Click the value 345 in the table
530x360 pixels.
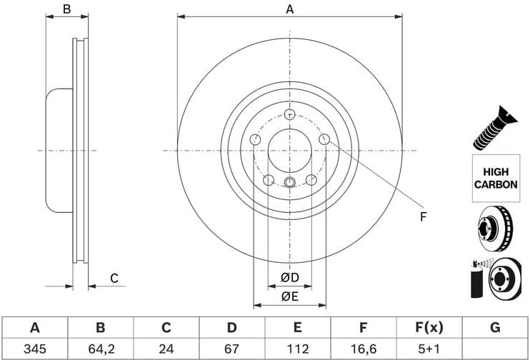coord(34,349)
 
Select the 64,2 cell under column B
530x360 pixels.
coord(100,349)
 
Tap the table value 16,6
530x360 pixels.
coord(363,349)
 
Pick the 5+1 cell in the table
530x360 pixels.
coord(429,349)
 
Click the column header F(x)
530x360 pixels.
coord(429,328)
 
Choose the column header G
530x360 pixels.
coord(495,328)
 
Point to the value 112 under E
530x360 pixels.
coord(297,349)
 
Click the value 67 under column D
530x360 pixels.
coord(231,349)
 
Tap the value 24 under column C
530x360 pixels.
coord(166,349)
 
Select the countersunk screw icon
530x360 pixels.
coord(494,127)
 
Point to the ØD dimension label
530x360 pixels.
coord(289,277)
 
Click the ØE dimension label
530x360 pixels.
coord(289,296)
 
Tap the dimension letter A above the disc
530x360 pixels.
coord(289,9)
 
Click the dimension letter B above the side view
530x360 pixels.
coord(66,9)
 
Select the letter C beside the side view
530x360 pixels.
coord(113,278)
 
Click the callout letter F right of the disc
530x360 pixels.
coord(423,216)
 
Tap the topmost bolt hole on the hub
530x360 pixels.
coord(289,114)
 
